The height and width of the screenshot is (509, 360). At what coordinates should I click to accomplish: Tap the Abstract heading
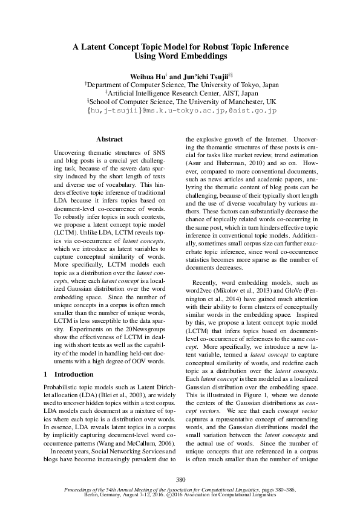pyautogui.click(x=110, y=139)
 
